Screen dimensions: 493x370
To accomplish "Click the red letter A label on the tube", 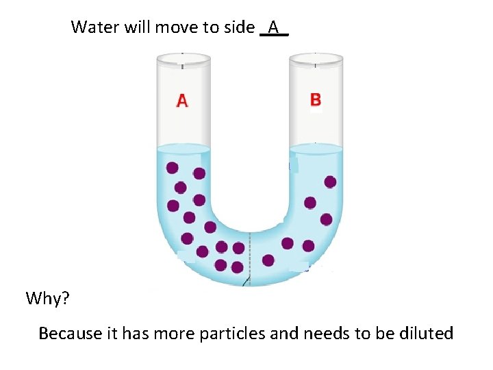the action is pyautogui.click(x=182, y=101).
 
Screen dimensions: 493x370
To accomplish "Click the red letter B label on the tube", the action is pyautogui.click(x=315, y=100).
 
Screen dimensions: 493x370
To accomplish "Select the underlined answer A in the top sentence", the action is pyautogui.click(x=274, y=27).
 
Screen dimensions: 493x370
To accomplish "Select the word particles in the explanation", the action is pyautogui.click(x=231, y=334).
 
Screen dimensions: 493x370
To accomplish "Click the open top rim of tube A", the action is pyautogui.click(x=183, y=59).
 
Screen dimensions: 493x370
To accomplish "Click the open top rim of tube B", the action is pyautogui.click(x=316, y=59).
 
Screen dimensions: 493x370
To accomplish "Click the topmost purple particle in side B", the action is pyautogui.click(x=330, y=182).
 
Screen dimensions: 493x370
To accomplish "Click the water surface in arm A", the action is pyautogui.click(x=183, y=149).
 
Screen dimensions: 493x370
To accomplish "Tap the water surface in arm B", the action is pyautogui.click(x=316, y=149).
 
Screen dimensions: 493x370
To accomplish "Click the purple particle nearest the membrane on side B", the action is pyautogui.click(x=268, y=260).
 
